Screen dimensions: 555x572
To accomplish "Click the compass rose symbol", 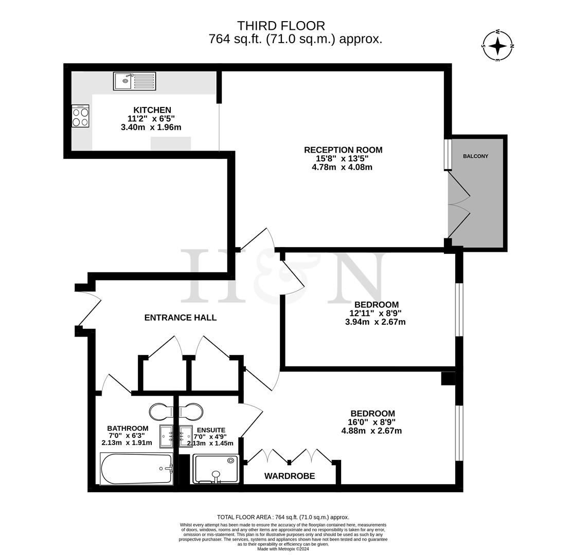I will tap(497, 46).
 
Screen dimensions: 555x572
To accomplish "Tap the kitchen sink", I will tap(134, 81).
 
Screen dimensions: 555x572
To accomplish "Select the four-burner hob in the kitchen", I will tap(80, 117).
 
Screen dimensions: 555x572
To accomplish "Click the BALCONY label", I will tap(475, 156).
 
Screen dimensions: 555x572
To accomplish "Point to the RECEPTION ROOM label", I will tap(343, 150).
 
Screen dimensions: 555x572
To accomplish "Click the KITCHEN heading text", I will tap(152, 110).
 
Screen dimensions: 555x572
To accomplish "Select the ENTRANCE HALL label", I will tap(180, 318).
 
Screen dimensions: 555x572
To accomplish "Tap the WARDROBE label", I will tap(290, 476).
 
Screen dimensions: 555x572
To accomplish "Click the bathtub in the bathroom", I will tap(136, 469).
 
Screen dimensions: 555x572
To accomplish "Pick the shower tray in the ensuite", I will tap(216, 468).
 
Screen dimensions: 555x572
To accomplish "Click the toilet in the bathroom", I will tap(164, 412).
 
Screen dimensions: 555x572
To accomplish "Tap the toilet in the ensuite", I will tap(190, 412).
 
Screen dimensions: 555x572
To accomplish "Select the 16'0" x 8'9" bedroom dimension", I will tap(372, 422).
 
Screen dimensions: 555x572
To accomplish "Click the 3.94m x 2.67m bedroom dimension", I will tap(375, 322).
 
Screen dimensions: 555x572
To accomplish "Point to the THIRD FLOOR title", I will tap(281, 26).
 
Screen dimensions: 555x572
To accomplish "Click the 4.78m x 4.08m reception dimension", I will tap(342, 167).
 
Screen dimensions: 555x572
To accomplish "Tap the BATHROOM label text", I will tap(128, 428).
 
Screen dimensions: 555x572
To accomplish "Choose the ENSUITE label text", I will tap(211, 430).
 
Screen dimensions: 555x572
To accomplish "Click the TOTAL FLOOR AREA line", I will tap(283, 517).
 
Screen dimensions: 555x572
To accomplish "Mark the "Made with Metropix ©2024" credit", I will tap(283, 549).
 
